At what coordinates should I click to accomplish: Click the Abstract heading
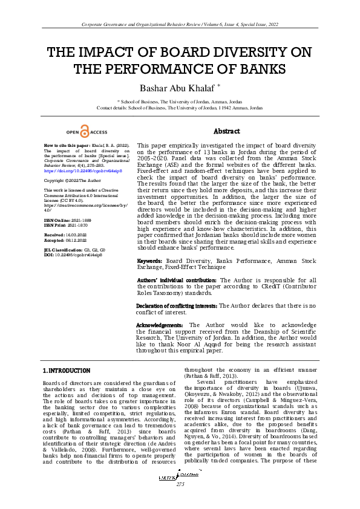pyautogui.click(x=227, y=131)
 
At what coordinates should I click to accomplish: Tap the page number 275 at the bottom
pyautogui.click(x=180, y=485)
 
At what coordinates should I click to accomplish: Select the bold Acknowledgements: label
pyautogui.click(x=159, y=325)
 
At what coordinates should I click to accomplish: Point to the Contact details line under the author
pyautogui.click(x=180, y=108)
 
